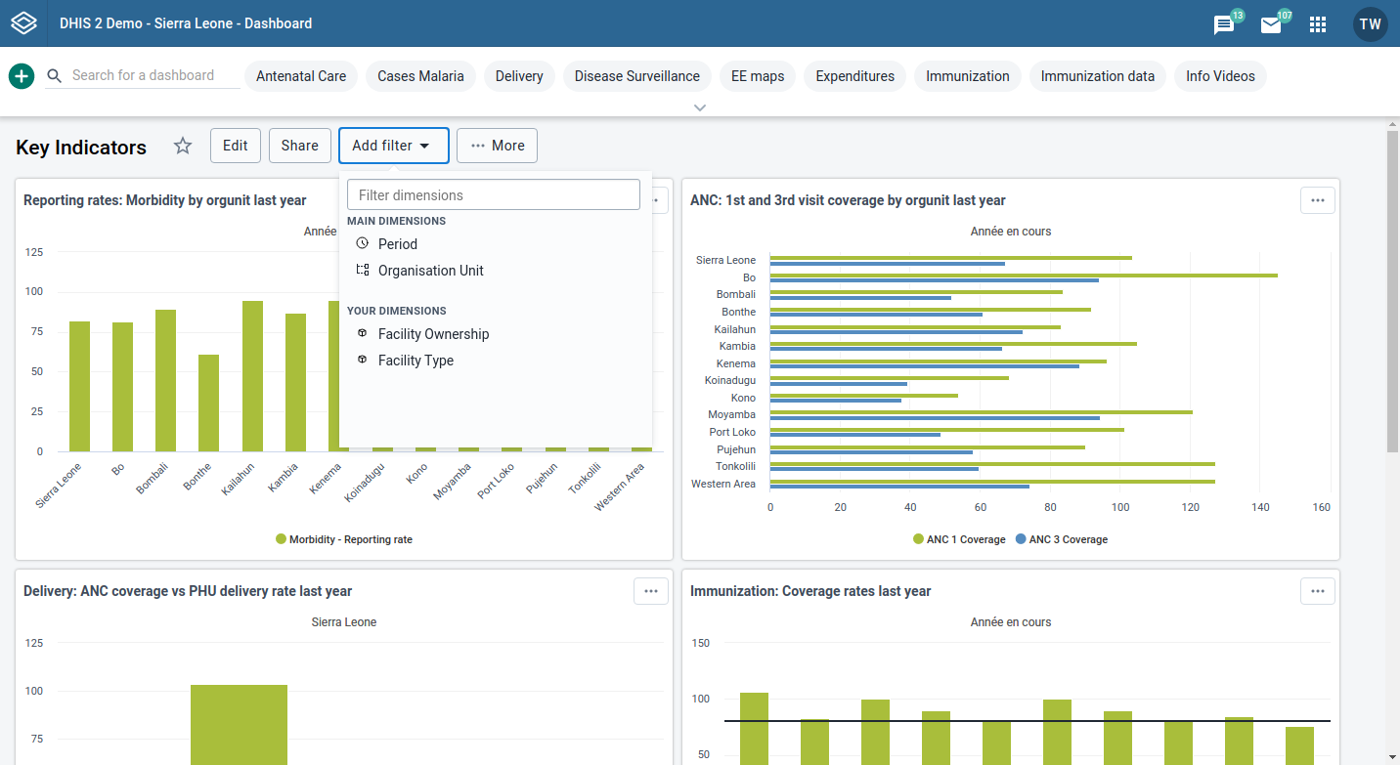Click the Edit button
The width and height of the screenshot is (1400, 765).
coord(235,146)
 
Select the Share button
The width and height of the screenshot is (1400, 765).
coord(299,146)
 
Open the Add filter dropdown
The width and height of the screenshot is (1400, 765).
coord(393,146)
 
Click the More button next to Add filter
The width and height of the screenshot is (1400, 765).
coord(497,146)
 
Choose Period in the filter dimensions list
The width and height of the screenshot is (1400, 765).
coord(397,244)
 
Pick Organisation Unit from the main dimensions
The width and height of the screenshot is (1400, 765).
coord(430,271)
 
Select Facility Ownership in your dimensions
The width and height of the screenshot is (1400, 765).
coord(433,334)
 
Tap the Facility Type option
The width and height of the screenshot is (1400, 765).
coord(416,361)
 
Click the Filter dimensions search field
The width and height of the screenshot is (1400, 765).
coord(493,194)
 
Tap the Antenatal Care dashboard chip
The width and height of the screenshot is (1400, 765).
coord(301,76)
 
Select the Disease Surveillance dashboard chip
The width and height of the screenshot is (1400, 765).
coord(636,76)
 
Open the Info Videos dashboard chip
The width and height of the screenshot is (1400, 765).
coord(1220,76)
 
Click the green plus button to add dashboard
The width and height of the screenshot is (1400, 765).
coord(22,76)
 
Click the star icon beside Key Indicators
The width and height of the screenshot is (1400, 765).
coord(183,147)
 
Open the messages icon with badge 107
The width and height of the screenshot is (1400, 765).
coord(1271,24)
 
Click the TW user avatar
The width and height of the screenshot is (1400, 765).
coord(1370,24)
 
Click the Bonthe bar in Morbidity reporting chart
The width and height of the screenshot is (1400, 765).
coord(208,403)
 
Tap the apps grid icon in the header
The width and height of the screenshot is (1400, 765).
coord(1318,24)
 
